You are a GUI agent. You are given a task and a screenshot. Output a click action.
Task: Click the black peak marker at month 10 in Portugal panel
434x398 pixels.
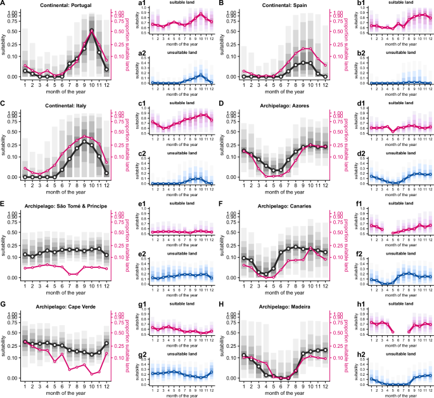click(x=92, y=31)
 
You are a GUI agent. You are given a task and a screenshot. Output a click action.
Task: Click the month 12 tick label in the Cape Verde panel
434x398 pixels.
click(x=106, y=386)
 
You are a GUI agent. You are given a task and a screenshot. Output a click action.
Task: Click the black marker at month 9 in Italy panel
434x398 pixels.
click(x=84, y=142)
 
